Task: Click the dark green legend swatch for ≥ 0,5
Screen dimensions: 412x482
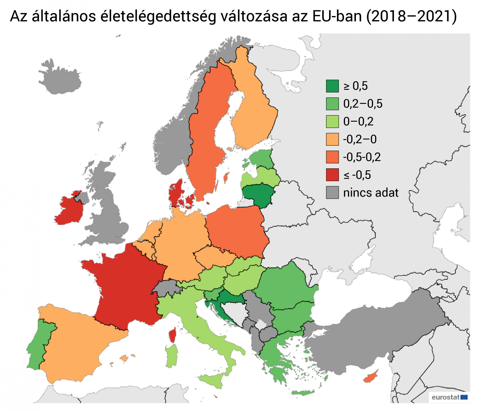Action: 332,86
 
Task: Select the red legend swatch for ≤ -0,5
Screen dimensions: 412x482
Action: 332,175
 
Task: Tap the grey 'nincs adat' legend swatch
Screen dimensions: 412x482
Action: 332,193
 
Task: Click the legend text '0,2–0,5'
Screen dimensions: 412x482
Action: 363,104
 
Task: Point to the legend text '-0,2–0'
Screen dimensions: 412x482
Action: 360,139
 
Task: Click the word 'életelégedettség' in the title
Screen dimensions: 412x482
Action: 158,16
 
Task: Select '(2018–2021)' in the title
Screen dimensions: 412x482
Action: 411,16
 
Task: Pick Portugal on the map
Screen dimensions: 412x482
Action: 38,344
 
